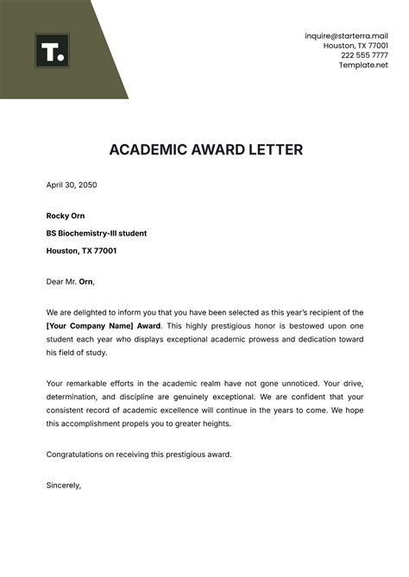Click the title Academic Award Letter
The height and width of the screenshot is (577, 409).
pyautogui.click(x=206, y=150)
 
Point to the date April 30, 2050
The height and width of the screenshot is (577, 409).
pyautogui.click(x=72, y=184)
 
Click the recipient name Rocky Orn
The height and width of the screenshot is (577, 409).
pyautogui.click(x=66, y=216)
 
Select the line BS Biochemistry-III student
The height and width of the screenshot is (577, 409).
pyautogui.click(x=97, y=233)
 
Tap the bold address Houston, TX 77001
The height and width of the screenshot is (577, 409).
pyautogui.click(x=82, y=251)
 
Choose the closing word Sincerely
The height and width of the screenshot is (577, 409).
pyautogui.click(x=63, y=485)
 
